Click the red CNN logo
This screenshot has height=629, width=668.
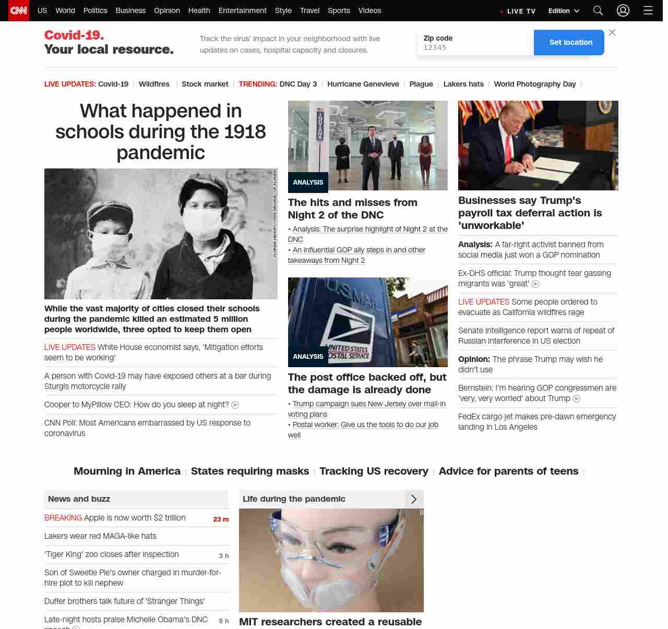click(x=19, y=10)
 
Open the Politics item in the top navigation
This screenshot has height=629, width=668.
click(x=95, y=10)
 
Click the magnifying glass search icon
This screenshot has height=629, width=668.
click(x=598, y=10)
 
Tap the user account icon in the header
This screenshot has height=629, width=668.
click(x=623, y=10)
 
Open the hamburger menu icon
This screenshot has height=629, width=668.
click(x=648, y=10)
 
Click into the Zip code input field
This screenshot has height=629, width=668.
click(x=475, y=47)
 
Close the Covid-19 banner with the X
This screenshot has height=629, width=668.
click(x=612, y=32)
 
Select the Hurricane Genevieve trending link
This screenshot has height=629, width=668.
click(x=363, y=84)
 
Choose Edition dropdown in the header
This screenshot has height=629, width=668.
click(x=564, y=10)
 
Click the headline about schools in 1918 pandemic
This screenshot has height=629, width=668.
click(x=161, y=131)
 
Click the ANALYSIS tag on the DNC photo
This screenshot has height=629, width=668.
click(x=308, y=183)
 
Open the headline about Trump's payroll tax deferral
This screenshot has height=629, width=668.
click(x=530, y=213)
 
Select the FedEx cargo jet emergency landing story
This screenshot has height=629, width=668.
click(x=536, y=421)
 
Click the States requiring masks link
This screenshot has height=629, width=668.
click(x=250, y=471)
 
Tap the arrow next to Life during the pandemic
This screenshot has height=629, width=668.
click(x=414, y=499)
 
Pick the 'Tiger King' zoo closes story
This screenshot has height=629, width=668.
click(x=112, y=554)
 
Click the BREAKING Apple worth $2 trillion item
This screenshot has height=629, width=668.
click(x=115, y=518)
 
